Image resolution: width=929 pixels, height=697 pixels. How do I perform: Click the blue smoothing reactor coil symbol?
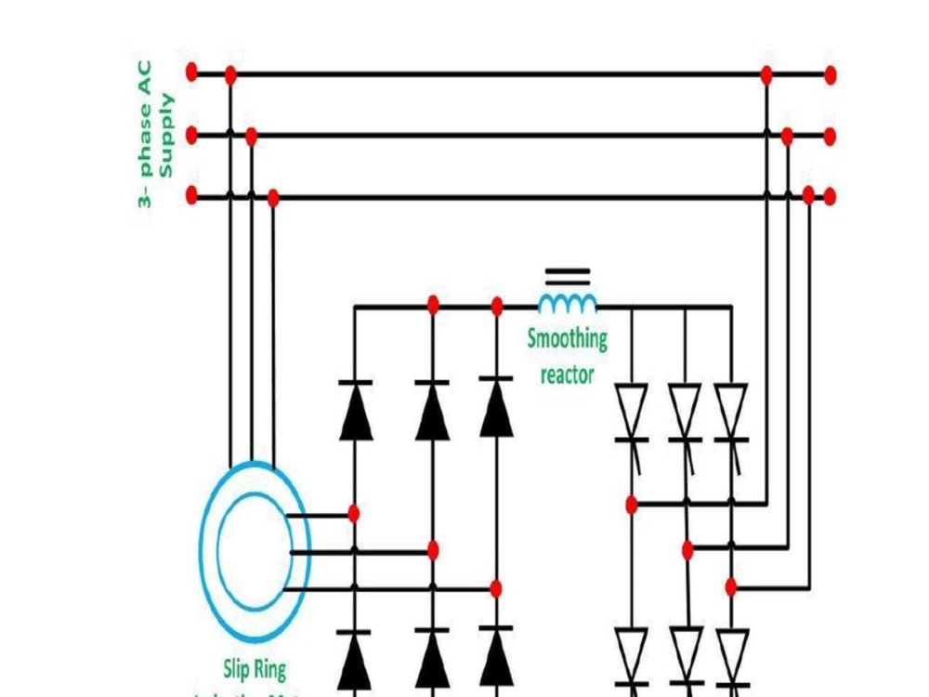click(x=568, y=303)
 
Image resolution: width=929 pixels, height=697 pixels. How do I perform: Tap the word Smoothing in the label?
click(x=568, y=338)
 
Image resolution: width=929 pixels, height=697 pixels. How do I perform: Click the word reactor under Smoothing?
click(x=567, y=375)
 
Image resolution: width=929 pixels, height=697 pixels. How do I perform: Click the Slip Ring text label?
click(x=255, y=668)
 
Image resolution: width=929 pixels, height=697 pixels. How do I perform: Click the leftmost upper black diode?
click(x=355, y=411)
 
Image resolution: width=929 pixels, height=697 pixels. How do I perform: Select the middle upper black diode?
click(x=432, y=411)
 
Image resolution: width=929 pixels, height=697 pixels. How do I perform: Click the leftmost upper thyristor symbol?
click(x=632, y=414)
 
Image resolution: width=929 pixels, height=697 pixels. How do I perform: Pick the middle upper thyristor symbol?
click(x=686, y=414)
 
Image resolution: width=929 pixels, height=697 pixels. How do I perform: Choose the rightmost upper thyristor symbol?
click(x=731, y=414)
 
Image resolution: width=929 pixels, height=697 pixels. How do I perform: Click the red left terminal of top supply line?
click(x=192, y=72)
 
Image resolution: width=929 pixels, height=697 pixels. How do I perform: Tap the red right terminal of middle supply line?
click(x=830, y=137)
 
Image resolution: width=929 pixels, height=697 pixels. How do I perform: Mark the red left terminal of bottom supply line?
click(x=192, y=196)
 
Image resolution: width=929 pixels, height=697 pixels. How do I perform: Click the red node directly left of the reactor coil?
click(x=497, y=306)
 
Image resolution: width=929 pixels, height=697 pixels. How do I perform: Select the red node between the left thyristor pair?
click(x=632, y=506)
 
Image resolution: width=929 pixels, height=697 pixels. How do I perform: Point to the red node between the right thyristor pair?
click(x=731, y=586)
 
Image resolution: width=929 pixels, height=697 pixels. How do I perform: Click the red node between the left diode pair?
click(x=354, y=513)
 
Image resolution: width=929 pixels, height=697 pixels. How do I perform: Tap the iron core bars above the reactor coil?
click(x=568, y=275)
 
